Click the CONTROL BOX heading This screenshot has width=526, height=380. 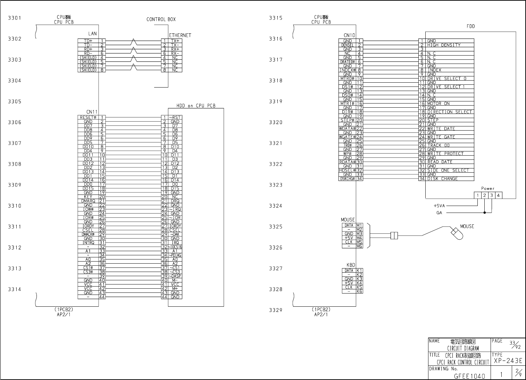[161, 19]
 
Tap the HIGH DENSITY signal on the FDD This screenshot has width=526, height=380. [444, 45]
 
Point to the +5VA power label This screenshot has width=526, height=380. [439, 206]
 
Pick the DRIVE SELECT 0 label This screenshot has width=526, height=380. [446, 79]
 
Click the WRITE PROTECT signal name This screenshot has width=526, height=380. [445, 154]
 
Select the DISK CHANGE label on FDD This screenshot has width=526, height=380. [442, 179]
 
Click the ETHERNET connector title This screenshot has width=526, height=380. [180, 35]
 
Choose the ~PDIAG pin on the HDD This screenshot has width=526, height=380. [175, 255]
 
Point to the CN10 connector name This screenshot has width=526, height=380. [349, 35]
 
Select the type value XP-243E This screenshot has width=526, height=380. [508, 361]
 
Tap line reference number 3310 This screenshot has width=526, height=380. [15, 206]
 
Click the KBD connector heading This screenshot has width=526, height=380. [351, 265]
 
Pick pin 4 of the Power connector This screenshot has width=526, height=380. [498, 196]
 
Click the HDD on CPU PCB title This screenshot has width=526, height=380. [196, 106]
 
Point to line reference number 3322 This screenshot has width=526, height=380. [275, 164]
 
